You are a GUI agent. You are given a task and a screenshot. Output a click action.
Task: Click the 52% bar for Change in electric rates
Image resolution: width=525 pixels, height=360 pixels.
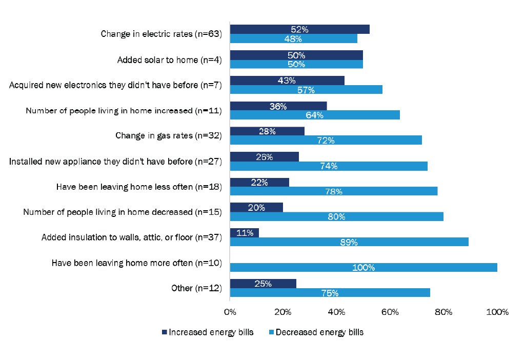299,29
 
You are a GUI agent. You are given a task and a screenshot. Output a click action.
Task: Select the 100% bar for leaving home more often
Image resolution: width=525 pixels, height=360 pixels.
364,267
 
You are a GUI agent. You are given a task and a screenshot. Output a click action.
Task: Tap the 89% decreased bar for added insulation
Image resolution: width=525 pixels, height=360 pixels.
349,242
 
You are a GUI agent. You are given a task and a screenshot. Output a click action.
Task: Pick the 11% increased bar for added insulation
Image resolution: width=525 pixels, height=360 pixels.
245,233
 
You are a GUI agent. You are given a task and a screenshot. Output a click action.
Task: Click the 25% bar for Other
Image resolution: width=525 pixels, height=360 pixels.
263,284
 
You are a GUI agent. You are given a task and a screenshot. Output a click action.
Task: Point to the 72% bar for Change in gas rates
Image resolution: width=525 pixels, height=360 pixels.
326,140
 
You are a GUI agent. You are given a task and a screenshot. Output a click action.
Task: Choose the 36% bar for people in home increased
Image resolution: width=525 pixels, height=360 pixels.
278,106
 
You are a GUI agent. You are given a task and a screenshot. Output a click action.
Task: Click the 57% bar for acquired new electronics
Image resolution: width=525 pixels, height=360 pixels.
306,90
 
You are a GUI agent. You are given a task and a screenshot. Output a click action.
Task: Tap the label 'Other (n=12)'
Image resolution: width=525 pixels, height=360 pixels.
196,288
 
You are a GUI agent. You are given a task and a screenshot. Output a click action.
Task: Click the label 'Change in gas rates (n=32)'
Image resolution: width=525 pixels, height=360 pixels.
168,136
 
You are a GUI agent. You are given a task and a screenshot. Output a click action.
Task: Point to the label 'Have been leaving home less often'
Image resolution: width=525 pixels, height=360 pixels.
138,187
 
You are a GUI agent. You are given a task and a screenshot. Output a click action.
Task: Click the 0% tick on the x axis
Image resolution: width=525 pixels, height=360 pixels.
230,312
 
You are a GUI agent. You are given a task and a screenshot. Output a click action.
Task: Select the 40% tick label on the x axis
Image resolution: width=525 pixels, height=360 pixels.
337,312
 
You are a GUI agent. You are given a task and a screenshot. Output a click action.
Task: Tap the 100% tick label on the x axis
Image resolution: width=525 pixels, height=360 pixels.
497,312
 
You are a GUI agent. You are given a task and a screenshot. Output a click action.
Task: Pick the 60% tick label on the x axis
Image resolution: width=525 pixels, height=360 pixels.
390,312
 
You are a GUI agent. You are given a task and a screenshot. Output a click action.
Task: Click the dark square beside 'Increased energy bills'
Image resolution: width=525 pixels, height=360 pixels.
165,332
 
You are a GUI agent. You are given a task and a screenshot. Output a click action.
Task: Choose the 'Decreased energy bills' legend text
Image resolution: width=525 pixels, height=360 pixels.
319,332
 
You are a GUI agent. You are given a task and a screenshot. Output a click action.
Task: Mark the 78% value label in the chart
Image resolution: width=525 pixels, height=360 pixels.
334,191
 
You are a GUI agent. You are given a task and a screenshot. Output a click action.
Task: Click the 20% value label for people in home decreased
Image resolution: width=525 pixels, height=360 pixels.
256,208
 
